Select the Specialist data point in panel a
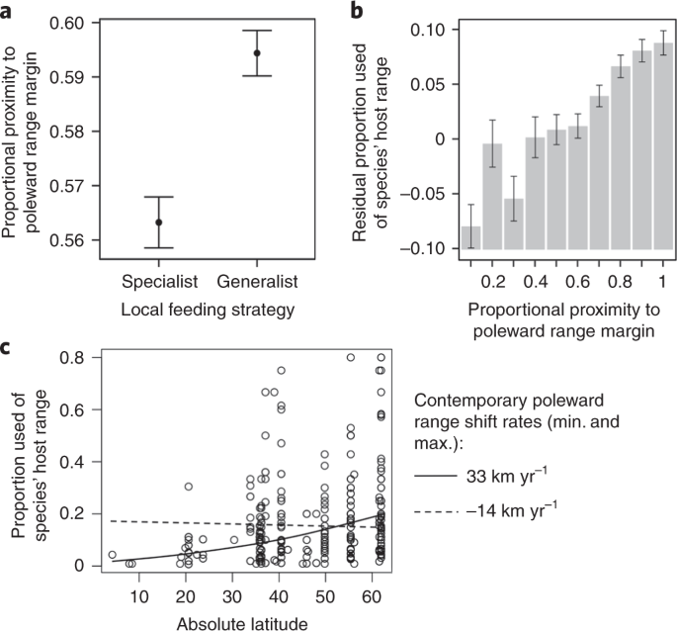(159, 222)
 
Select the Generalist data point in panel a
(256, 52)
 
